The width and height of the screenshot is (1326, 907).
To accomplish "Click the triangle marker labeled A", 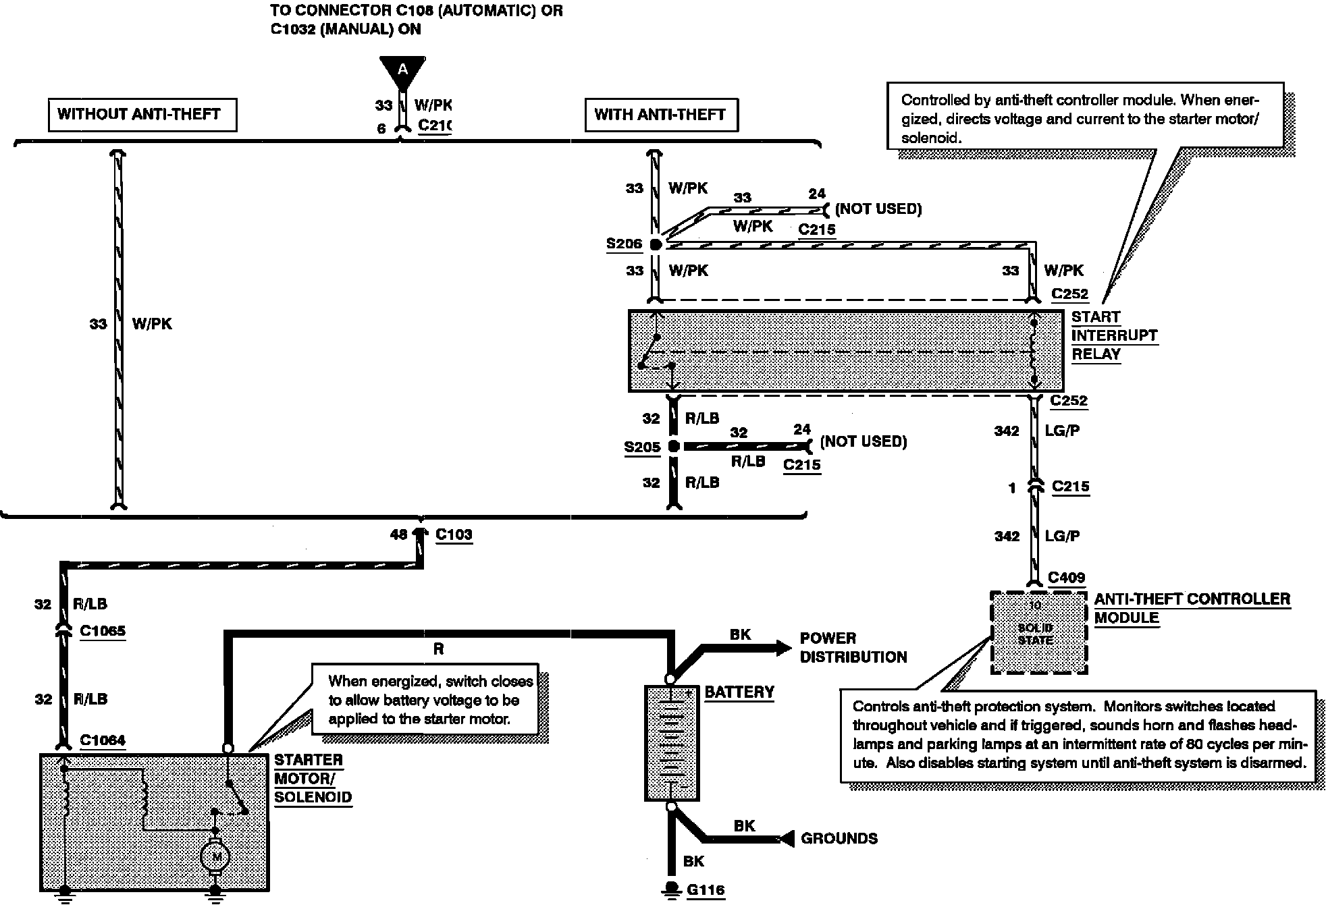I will pos(402,70).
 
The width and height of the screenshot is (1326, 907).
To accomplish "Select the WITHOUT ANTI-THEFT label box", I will pos(142,114).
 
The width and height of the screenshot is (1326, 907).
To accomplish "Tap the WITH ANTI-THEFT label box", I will pos(660,115).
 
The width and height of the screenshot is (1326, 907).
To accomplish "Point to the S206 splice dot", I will pos(655,244).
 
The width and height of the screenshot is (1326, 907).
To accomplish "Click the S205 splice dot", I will pos(673,446).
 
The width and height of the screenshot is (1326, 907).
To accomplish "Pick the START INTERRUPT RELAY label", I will pos(1114,335).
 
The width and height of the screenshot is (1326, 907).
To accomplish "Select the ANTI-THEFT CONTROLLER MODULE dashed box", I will pos(1038,632).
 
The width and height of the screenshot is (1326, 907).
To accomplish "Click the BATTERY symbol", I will pos(671,742).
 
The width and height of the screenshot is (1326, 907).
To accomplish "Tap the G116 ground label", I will pos(706,890).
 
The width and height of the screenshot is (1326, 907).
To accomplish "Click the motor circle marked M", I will pos(215,856).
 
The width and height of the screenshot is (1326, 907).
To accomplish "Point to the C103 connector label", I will pos(454,534).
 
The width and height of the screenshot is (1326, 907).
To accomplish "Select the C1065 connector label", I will pos(103,631).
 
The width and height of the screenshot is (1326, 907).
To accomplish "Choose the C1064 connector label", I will pos(103,740).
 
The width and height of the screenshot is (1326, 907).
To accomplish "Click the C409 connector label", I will pos(1067,578).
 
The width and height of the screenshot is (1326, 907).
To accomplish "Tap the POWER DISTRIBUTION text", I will pos(853,647).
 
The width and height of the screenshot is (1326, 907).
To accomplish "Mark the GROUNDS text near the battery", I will pos(839,839).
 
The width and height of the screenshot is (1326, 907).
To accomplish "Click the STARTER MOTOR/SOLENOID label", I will pos(313,778).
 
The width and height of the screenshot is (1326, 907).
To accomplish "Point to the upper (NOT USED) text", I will pos(878,209).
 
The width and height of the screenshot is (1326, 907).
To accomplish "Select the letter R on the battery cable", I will pos(439,649).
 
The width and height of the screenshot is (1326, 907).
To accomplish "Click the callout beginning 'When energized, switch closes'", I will pos(430,700).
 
